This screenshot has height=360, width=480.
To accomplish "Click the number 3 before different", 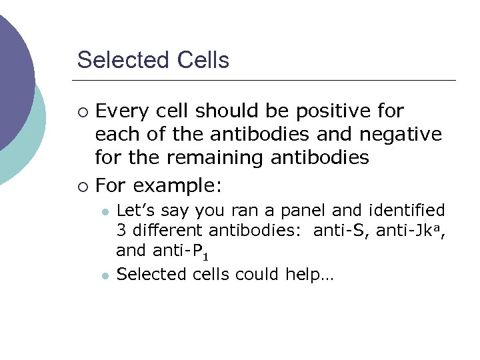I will coord(121,231).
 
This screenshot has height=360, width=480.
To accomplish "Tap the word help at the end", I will coord(309,274).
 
